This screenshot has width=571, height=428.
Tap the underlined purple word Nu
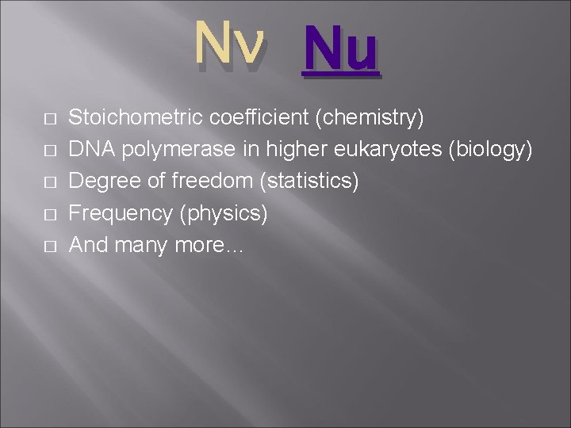(x=339, y=49)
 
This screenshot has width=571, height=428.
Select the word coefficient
(x=259, y=118)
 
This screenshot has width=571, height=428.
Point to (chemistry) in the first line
(x=370, y=119)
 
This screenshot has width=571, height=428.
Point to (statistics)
(x=309, y=182)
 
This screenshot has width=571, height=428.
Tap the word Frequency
(x=119, y=214)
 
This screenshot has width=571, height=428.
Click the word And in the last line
(x=88, y=245)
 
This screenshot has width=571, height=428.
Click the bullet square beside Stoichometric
(x=49, y=120)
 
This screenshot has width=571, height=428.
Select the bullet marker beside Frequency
(x=49, y=215)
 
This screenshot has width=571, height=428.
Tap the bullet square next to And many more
(x=49, y=246)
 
